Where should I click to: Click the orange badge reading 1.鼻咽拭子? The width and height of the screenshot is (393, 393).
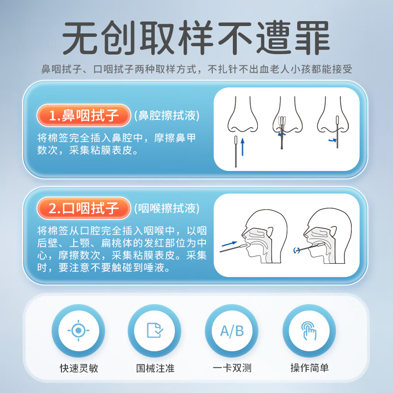click(x=84, y=116)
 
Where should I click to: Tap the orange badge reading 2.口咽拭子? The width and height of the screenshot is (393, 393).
click(x=84, y=208)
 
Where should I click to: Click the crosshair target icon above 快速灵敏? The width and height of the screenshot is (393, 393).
click(x=78, y=330)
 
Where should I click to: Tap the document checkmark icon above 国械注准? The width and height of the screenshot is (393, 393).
click(x=155, y=330)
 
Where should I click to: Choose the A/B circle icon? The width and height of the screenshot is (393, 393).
click(x=232, y=330)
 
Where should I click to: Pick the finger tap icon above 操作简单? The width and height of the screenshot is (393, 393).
click(x=309, y=330)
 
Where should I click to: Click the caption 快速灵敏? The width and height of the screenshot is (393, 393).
click(x=78, y=367)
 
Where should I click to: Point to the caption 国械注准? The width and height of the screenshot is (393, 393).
click(x=155, y=367)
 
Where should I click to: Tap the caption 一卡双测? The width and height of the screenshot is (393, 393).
click(x=232, y=367)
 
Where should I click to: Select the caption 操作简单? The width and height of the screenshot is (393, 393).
click(x=309, y=367)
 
